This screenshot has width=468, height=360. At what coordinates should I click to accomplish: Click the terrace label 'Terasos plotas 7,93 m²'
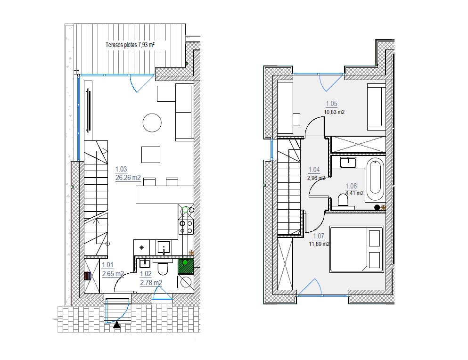(130, 45)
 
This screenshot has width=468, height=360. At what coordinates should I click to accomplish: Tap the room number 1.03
(121, 169)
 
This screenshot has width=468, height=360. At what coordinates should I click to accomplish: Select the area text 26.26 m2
(128, 178)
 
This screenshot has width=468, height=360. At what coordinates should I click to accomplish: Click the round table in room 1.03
(152, 123)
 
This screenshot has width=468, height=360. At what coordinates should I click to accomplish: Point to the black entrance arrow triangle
(117, 325)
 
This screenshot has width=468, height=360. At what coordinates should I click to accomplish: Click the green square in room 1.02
(186, 266)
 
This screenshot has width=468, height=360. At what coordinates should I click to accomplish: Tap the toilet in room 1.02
(163, 267)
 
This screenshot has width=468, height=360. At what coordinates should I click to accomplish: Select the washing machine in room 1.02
(186, 282)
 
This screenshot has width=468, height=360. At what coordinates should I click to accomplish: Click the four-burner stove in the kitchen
(186, 227)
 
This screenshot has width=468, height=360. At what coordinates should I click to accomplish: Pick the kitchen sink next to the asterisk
(164, 248)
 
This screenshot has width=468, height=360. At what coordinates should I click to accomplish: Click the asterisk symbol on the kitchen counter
(141, 247)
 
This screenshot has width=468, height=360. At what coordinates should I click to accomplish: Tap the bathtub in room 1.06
(375, 180)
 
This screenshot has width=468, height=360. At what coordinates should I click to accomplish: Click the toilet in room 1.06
(343, 200)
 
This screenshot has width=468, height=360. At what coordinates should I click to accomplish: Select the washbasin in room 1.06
(348, 163)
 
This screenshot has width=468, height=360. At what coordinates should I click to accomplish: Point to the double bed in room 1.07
(356, 249)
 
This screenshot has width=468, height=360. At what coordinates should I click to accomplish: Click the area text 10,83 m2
(334, 112)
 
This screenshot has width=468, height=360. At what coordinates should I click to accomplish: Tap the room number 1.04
(314, 170)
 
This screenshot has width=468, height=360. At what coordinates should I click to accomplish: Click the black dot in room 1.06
(377, 207)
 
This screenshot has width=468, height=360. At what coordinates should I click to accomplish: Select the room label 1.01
(108, 265)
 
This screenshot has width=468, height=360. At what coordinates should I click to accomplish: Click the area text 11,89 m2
(319, 244)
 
